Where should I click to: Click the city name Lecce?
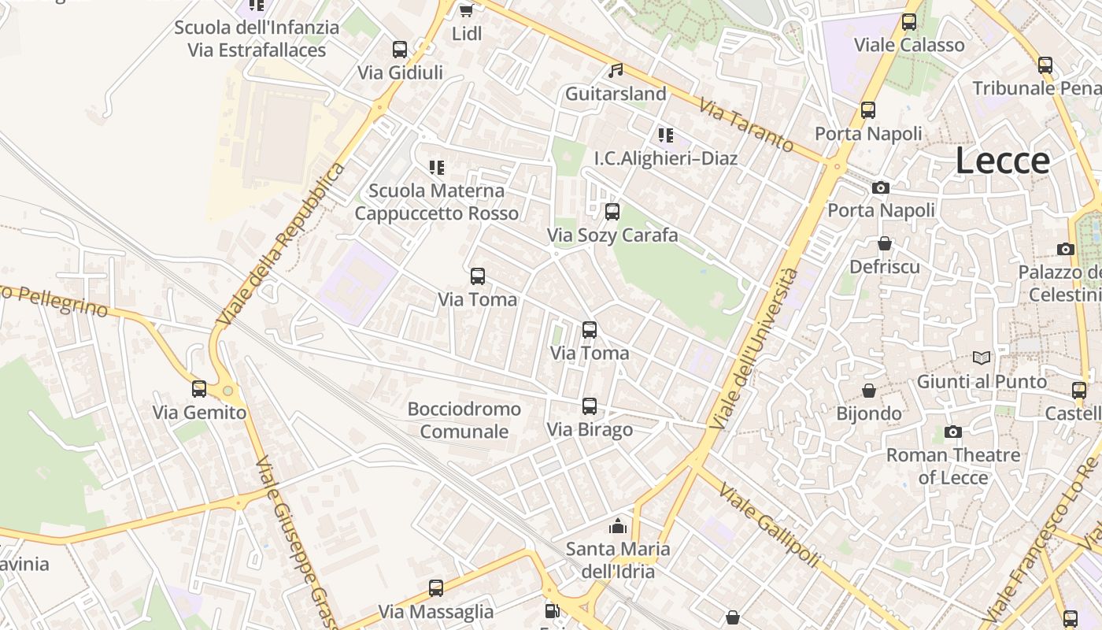pos(1002,161)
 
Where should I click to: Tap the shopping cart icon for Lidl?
pos(466,10)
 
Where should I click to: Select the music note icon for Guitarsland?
pos(616,71)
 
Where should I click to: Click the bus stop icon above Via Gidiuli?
pos(400,50)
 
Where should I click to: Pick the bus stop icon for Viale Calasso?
pos(909,22)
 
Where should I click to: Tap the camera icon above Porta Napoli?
pos(881,187)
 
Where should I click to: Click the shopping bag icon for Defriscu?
pos(885,244)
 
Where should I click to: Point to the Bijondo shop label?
pos(869,413)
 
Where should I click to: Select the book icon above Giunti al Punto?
pos(982,358)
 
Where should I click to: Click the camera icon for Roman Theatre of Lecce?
pos(953,432)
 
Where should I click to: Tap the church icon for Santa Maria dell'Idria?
pos(618,526)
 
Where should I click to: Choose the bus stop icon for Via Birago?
pos(590,406)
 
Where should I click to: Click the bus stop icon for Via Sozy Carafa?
pos(612,212)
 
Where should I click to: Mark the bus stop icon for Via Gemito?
pos(199,388)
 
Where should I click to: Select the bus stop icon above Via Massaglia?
pos(436,588)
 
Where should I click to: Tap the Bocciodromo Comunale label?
pos(464,420)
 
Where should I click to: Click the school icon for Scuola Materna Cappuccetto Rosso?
pos(436,167)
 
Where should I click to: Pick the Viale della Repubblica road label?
pos(281,245)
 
